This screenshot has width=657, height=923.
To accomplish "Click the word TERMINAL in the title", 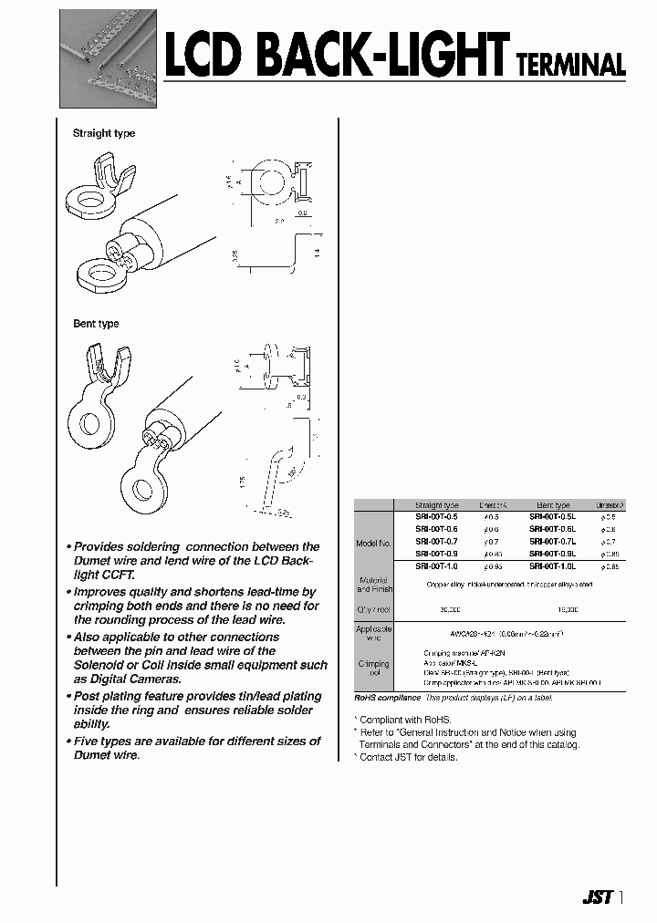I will [x=570, y=65].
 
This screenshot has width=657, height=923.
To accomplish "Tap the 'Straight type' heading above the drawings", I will [x=104, y=133].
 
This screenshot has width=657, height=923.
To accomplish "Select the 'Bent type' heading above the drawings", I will [x=96, y=324].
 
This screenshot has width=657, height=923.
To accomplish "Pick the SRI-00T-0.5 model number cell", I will [x=436, y=516].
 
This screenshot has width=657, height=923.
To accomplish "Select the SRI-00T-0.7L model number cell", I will [x=553, y=542].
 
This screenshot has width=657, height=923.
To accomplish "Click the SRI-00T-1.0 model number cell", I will [x=436, y=566].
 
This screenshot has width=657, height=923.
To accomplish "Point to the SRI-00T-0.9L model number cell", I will [x=553, y=554].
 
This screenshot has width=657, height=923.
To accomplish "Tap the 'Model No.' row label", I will [x=374, y=543].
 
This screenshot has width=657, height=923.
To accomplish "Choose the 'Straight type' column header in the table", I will [x=436, y=504].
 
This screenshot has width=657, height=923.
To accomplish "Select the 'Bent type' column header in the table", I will [x=553, y=504].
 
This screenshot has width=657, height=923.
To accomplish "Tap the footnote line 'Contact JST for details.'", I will [x=409, y=757].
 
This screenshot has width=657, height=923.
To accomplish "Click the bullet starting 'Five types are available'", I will [x=195, y=742].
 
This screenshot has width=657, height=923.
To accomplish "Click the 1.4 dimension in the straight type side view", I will [x=318, y=254].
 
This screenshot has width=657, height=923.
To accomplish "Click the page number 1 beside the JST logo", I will [x=621, y=897].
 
